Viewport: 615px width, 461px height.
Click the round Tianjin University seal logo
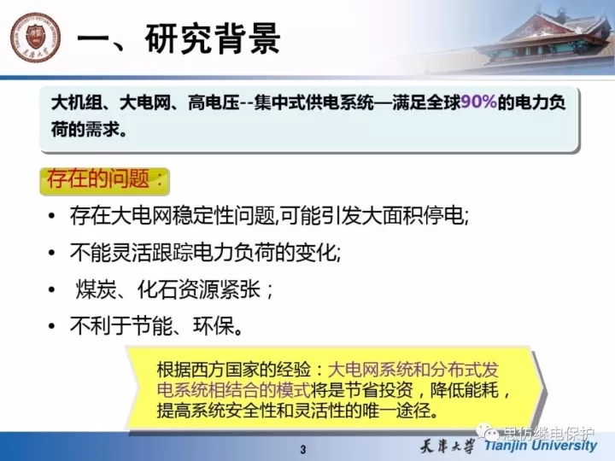(35, 38)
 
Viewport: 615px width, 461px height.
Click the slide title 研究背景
(213, 38)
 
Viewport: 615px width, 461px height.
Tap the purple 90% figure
(478, 102)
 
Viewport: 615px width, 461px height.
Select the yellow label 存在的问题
(105, 179)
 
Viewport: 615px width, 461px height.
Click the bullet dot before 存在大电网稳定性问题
(51, 216)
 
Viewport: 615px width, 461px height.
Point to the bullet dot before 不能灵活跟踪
(51, 253)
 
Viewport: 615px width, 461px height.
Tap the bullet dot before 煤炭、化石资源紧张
(51, 289)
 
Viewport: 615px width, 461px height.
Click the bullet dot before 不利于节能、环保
(51, 326)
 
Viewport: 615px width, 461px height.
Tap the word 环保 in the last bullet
(214, 326)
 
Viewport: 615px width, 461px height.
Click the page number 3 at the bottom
(302, 450)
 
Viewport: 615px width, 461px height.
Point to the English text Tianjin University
(541, 446)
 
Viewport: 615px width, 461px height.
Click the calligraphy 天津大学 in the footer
(447, 446)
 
